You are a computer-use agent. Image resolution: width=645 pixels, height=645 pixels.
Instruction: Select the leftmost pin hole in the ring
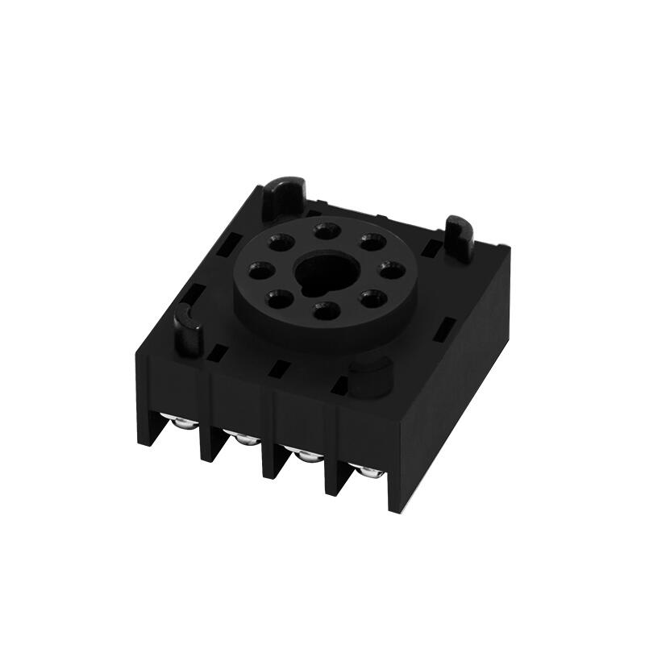[x=258, y=269]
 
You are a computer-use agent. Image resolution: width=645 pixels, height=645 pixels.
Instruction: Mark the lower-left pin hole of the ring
[x=277, y=296]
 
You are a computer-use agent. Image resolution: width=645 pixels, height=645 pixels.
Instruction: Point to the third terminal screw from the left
[x=305, y=456]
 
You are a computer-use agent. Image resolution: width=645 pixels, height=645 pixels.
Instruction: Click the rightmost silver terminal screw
[x=368, y=472]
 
